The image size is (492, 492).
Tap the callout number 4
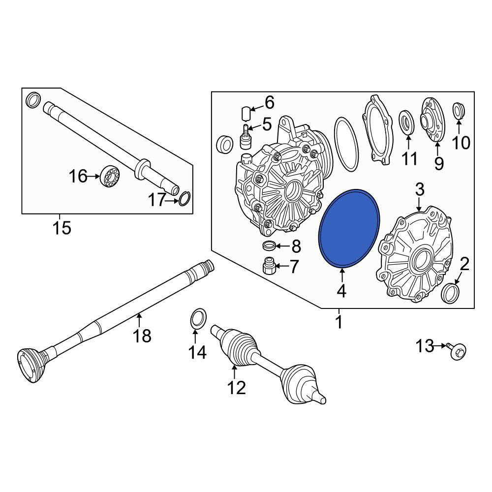[x=341, y=291]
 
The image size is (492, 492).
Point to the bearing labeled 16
[x=110, y=176]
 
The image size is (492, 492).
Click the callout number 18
[x=142, y=336]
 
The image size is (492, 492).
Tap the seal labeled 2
[x=450, y=293]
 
